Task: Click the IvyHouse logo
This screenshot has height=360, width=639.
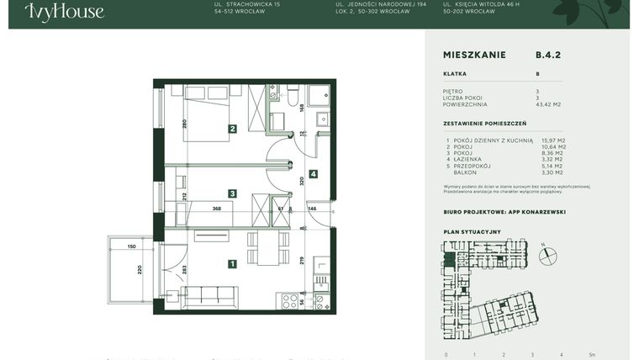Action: tap(64, 11)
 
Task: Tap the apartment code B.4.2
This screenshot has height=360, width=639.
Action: tap(547, 55)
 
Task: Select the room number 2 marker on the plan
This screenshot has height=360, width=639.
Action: tap(232, 129)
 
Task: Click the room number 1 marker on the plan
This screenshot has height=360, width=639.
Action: tap(232, 263)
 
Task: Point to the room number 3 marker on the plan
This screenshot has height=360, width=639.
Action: tap(232, 193)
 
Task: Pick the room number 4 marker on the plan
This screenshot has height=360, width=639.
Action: tap(313, 174)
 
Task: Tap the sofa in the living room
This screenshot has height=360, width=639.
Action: tap(209, 296)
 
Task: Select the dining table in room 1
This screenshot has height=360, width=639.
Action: tap(267, 250)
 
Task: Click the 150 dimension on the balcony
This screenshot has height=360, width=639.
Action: tap(132, 246)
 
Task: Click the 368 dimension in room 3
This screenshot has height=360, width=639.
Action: tap(216, 209)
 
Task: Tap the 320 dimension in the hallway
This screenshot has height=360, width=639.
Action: tap(300, 180)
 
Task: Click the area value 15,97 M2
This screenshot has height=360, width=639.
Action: tap(552, 140)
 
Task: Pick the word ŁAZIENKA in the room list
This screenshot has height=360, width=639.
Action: tap(471, 159)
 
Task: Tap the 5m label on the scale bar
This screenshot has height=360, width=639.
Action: tap(592, 354)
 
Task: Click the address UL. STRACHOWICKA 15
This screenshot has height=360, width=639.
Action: tap(247, 4)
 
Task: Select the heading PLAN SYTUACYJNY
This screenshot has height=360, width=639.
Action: tap(472, 230)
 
